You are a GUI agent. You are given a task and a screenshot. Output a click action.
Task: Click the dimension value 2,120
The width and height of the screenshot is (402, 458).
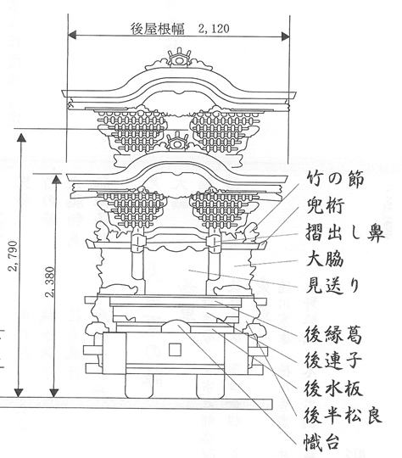pos(214,29)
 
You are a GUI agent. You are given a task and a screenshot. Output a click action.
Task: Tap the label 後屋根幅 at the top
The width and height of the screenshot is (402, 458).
pos(158,29)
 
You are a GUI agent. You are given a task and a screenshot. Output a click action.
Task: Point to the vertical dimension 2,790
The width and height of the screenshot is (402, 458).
pos(13,256)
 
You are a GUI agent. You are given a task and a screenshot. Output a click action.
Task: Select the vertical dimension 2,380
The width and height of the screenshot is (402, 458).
pos(50,282)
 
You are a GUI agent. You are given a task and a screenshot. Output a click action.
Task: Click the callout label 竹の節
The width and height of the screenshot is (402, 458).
pos(335,178)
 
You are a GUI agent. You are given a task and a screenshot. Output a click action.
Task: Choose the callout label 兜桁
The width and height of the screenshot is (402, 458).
pos(325,205)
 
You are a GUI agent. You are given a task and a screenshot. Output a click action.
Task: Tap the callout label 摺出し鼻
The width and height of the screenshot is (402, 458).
pos(344,232)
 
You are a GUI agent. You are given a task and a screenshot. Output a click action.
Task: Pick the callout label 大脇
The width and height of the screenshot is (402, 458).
pos(325,258)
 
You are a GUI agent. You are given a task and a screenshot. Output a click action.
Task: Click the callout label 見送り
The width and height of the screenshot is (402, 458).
pos(332,285)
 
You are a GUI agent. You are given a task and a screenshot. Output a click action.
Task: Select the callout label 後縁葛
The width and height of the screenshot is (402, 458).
pos(333,334)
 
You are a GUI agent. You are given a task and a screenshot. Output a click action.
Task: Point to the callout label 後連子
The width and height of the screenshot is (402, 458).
pos(332,360)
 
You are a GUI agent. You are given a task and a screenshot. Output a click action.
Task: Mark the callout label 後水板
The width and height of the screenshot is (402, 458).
pos(333,388)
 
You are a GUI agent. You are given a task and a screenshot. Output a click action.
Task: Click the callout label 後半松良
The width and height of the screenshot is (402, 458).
pos(343,415)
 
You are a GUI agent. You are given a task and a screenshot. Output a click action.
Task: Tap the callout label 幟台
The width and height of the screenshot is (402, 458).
pos(321,442)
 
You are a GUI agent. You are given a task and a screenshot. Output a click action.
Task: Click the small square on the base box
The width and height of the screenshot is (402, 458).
pos(175,349)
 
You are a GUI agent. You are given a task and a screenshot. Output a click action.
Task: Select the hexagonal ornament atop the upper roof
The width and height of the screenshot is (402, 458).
pos(179,59)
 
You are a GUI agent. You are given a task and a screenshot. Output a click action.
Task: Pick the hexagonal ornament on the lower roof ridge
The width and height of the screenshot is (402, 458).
pos(176,142)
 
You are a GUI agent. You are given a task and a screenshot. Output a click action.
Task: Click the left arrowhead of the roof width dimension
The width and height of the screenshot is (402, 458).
pos(72,35)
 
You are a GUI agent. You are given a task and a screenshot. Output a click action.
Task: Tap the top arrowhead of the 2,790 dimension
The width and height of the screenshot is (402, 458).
pos(21,137)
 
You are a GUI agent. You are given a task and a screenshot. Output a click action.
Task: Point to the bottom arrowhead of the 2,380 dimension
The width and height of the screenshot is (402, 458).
pos(53,393)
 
